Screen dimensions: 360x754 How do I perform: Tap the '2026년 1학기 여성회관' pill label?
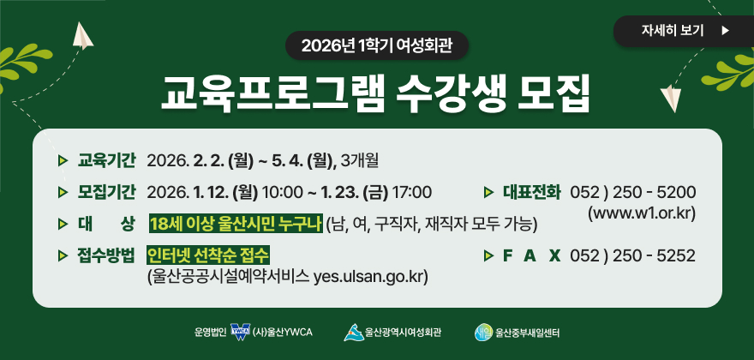click(x=377, y=45)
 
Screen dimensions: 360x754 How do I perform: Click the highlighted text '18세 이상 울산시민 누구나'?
click(x=236, y=224)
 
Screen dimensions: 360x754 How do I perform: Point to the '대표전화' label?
click(x=531, y=190)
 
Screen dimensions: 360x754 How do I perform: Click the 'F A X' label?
click(x=531, y=255)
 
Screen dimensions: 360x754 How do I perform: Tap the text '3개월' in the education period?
click(x=365, y=159)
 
